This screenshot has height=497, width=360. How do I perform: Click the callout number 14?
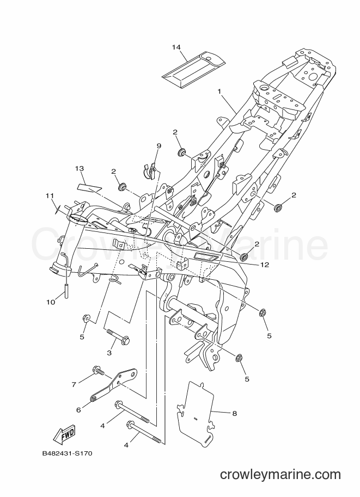(176, 47)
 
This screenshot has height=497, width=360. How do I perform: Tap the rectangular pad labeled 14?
(193, 69)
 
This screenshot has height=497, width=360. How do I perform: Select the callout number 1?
(219, 91)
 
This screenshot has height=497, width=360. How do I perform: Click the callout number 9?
(159, 146)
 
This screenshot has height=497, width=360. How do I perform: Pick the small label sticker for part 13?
(89, 188)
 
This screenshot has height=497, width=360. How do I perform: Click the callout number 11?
(50, 195)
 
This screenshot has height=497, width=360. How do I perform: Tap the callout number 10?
(51, 302)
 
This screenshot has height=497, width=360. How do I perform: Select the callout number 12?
(265, 265)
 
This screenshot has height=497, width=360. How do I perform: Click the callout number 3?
(109, 352)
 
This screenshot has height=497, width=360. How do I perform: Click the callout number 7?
(74, 384)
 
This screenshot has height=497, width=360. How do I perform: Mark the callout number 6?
(78, 410)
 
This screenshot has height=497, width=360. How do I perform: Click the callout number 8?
(234, 413)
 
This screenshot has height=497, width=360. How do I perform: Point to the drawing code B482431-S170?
(67, 453)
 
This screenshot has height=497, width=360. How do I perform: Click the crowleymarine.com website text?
(280, 475)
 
